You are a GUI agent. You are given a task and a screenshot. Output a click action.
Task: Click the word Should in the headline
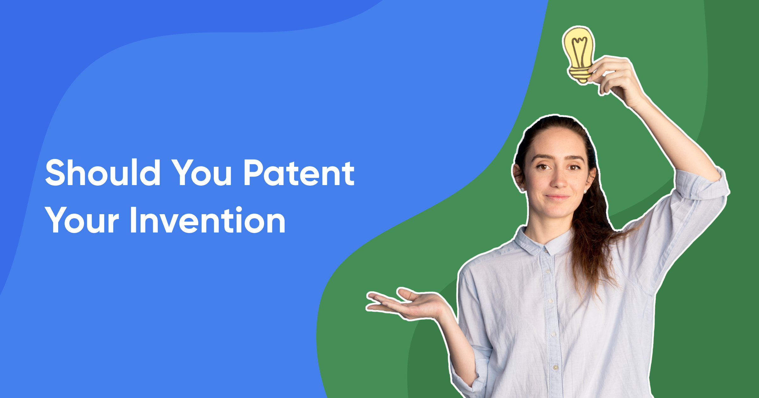(x=103, y=173)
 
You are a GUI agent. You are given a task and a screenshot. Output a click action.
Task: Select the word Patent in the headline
(x=299, y=173)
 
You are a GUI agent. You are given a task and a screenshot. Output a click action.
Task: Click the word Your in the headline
(x=82, y=220)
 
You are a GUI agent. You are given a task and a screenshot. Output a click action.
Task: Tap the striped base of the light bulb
(x=580, y=73)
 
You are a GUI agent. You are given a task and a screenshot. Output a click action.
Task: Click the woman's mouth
(x=557, y=197)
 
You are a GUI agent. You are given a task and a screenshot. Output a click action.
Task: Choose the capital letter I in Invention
(x=133, y=220)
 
